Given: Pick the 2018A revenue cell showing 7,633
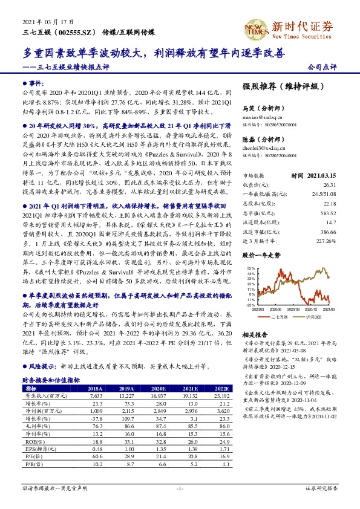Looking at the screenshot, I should [96, 395].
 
